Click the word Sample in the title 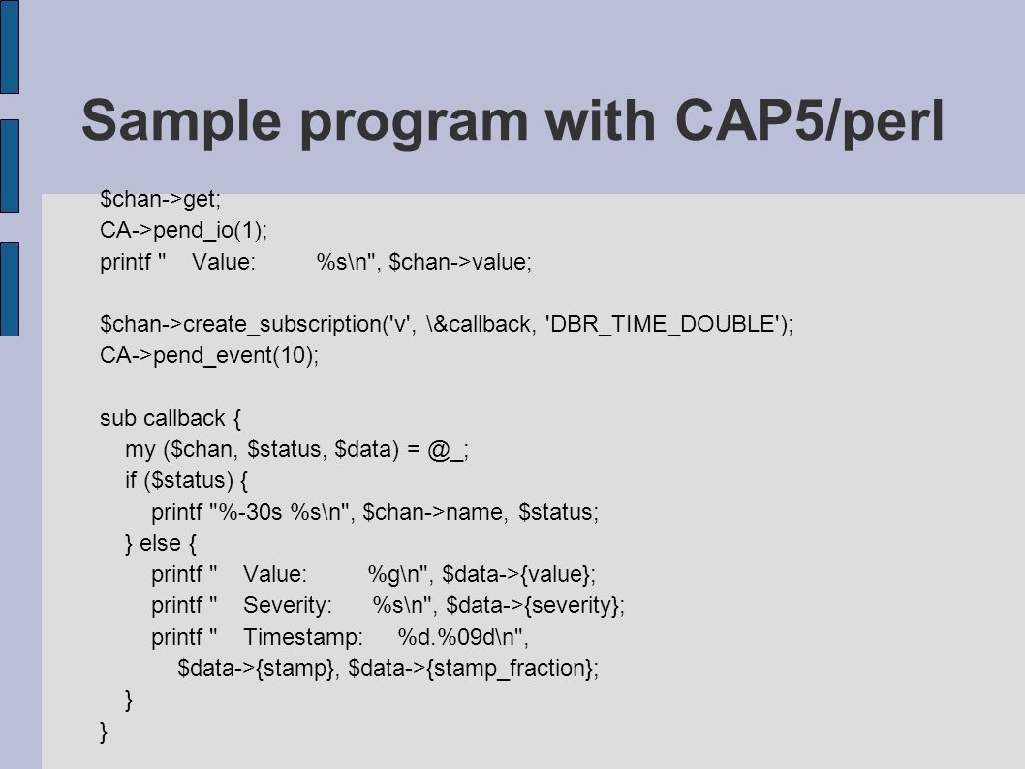click(x=181, y=121)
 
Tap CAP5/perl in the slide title click(x=809, y=121)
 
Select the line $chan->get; click(x=161, y=199)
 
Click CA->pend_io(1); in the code click(x=184, y=231)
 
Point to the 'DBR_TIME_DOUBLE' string click(x=665, y=324)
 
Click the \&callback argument click(x=479, y=324)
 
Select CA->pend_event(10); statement click(x=209, y=355)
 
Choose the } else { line click(x=160, y=543)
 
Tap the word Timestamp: click(x=302, y=637)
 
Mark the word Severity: click(x=288, y=606)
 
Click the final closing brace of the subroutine click(x=104, y=732)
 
